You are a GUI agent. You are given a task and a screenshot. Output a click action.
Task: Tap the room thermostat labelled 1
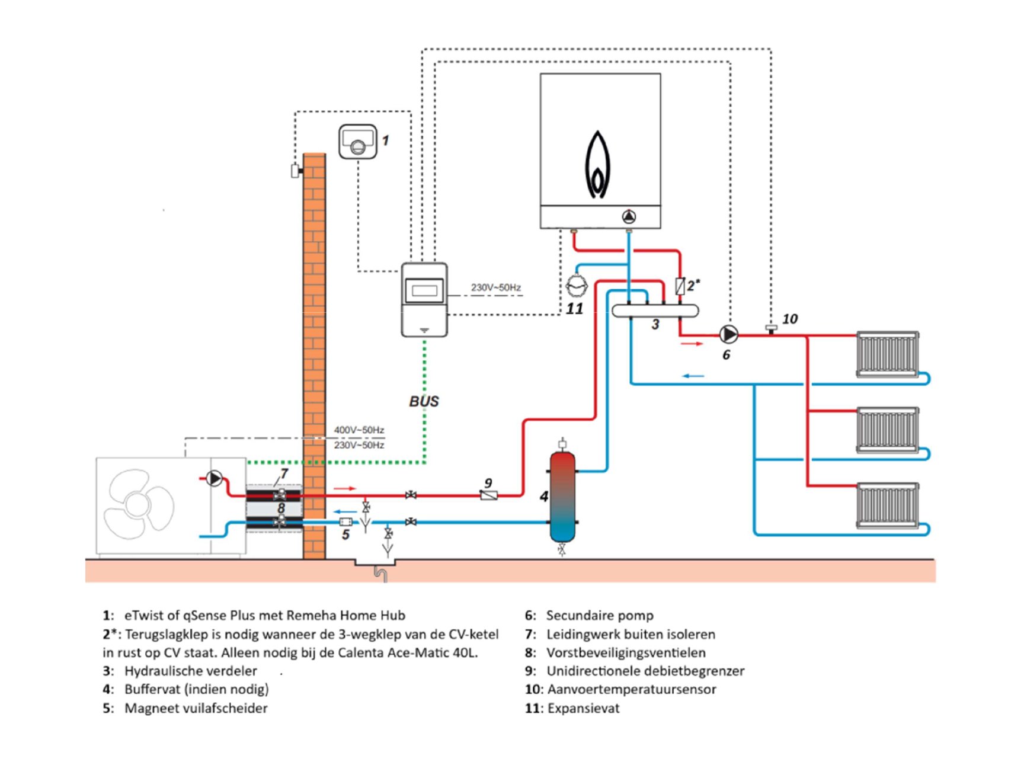point(357,142)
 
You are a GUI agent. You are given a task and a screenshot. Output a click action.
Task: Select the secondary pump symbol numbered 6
point(728,335)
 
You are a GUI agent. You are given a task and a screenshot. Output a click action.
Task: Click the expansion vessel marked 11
point(576,286)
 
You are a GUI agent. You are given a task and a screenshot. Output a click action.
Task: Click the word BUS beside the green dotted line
point(424,401)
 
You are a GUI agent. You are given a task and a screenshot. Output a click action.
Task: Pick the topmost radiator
point(887,354)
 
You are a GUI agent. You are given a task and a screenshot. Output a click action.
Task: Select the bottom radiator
point(887,505)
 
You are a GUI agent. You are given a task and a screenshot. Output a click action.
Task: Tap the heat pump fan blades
point(139,504)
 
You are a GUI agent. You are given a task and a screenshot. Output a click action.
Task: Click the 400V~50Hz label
point(359,430)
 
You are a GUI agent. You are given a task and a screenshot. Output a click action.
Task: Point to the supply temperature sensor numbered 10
point(771,328)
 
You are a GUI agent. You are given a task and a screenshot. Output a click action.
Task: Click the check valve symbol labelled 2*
point(680,287)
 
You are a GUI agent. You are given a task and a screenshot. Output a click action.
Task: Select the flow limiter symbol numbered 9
point(488,495)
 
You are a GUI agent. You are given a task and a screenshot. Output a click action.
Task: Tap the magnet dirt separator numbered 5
point(345,522)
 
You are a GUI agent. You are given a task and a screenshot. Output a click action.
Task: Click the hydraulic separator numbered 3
point(655,311)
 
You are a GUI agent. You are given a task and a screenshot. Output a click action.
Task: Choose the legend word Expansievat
point(583,708)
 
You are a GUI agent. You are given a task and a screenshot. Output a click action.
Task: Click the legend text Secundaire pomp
point(600,616)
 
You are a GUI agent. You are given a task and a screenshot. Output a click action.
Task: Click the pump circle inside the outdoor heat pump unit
point(214,478)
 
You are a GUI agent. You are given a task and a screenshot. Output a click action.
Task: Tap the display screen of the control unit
point(424,290)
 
